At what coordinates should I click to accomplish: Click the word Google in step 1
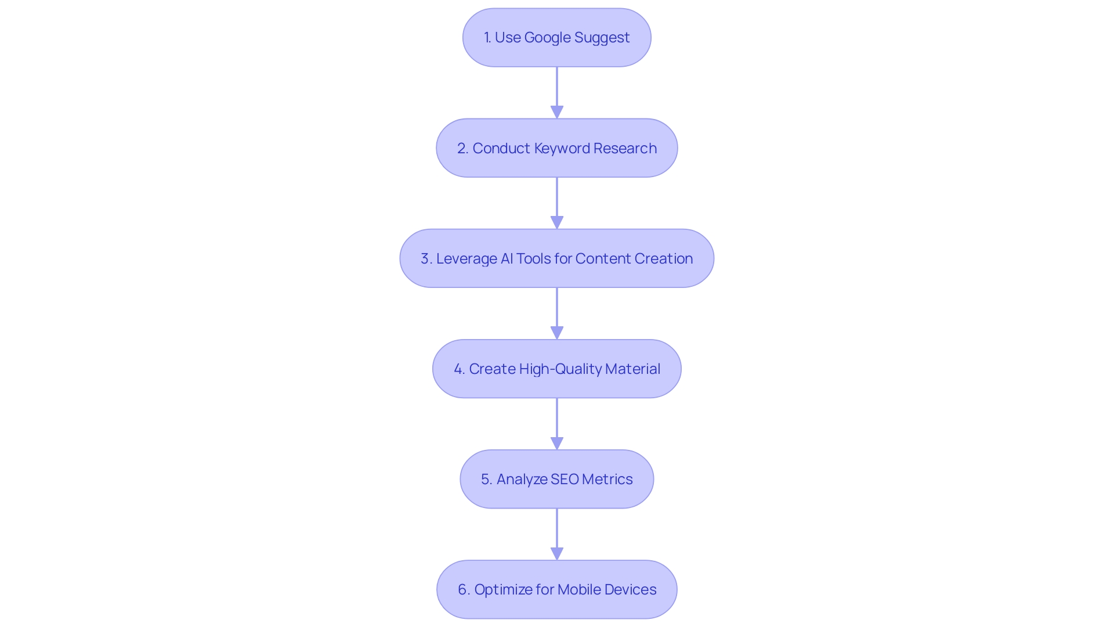click(547, 38)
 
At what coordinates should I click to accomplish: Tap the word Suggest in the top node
click(602, 38)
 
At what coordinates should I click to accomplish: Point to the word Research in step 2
click(625, 149)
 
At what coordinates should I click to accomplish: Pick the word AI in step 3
click(507, 259)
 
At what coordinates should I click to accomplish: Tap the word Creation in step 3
click(663, 259)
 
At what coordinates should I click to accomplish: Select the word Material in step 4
click(632, 369)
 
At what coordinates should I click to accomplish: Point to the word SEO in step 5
click(564, 480)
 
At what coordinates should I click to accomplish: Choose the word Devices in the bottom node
click(631, 590)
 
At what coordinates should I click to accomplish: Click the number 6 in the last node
click(462, 590)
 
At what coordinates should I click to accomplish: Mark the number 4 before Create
click(458, 369)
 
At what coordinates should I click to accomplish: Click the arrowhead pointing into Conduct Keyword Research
click(557, 112)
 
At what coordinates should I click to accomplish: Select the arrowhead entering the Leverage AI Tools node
click(557, 222)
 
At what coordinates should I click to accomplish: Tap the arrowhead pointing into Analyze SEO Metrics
click(557, 443)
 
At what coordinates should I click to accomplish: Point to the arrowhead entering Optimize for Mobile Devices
click(557, 553)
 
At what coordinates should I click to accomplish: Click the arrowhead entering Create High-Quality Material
click(557, 333)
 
